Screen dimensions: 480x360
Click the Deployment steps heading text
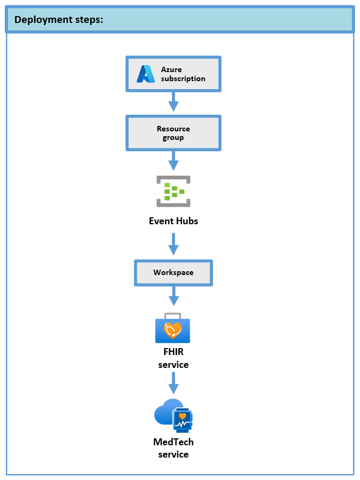(x=59, y=20)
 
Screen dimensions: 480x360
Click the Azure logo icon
(x=145, y=74)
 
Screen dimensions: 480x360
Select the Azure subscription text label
(x=183, y=74)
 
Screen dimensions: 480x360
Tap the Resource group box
(x=173, y=133)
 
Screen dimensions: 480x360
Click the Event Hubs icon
(x=173, y=191)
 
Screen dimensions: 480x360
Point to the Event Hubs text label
(x=173, y=221)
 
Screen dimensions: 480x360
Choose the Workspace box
(x=173, y=272)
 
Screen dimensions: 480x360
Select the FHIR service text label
(x=173, y=359)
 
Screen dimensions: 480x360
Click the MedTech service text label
(x=173, y=448)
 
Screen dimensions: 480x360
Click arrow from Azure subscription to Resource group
(x=173, y=101)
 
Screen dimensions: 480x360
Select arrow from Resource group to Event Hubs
(x=173, y=161)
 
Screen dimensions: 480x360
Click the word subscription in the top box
(x=183, y=78)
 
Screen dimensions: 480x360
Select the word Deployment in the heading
(x=40, y=20)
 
